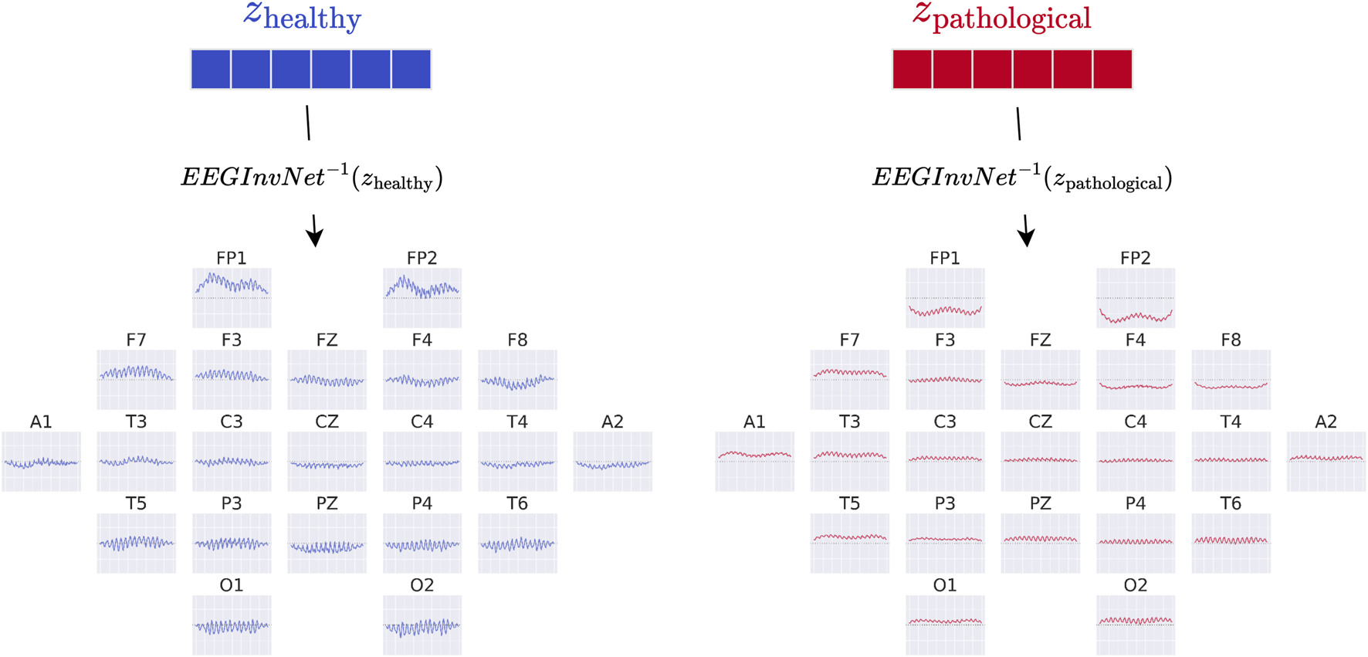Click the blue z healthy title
click(x=303, y=16)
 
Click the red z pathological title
click(x=1002, y=16)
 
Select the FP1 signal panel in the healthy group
click(x=232, y=298)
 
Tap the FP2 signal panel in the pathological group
click(x=1135, y=298)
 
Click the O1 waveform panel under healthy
click(x=232, y=625)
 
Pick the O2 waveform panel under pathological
click(x=1135, y=625)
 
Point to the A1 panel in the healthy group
click(x=41, y=462)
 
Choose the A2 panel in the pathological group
click(x=1326, y=462)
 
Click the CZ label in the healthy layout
click(x=327, y=422)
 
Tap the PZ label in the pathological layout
click(x=1040, y=503)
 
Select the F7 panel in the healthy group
click(x=136, y=380)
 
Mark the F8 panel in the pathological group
click(x=1231, y=380)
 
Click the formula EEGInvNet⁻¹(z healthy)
click(x=312, y=178)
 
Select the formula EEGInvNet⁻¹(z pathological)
click(x=1022, y=178)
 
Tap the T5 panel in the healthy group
click(x=136, y=544)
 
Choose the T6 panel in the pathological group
click(x=1231, y=544)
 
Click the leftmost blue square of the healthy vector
click(x=211, y=69)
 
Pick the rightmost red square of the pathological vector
click(x=1112, y=69)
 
